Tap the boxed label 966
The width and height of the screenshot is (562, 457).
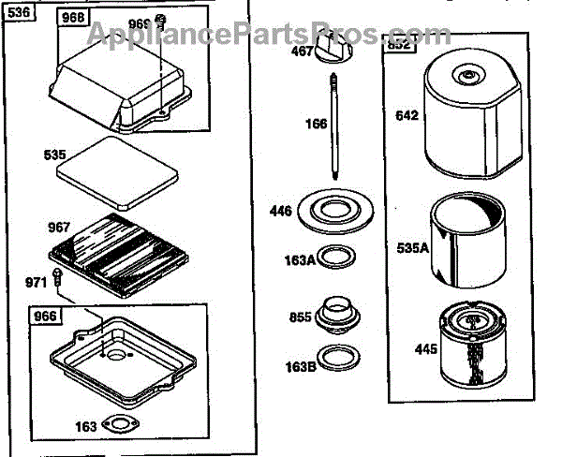(x=44, y=316)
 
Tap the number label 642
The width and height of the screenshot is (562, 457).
(x=407, y=117)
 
